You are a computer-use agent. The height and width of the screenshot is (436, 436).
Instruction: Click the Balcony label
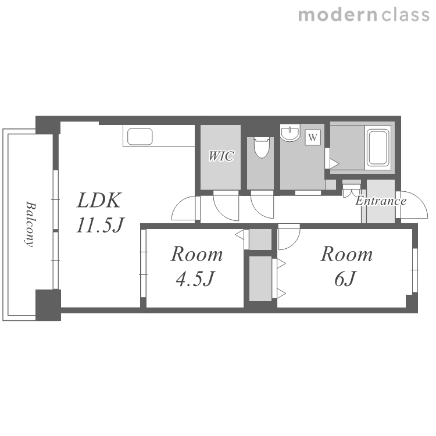[x=30, y=224]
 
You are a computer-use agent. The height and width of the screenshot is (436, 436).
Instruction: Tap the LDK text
[x=99, y=200]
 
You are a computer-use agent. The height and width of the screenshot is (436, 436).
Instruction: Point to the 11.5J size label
[x=100, y=224]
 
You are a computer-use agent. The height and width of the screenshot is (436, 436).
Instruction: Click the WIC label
[x=221, y=156]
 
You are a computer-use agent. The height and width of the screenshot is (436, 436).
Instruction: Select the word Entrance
[x=381, y=201]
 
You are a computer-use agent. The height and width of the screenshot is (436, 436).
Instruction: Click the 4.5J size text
[x=196, y=278]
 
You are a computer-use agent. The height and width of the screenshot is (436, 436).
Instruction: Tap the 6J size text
[x=345, y=278]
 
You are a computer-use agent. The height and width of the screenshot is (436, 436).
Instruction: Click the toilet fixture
[x=262, y=148]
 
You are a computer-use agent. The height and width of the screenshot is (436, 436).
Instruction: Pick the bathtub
[x=378, y=148]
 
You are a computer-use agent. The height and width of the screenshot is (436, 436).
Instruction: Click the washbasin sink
[x=290, y=133]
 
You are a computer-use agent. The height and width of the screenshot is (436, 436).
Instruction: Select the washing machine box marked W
[x=313, y=137]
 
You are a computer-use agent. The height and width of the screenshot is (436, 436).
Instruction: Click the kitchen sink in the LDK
[x=140, y=137]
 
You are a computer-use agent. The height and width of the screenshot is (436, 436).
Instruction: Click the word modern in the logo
[x=338, y=15]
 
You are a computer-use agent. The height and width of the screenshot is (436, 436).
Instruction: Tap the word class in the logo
[x=405, y=15]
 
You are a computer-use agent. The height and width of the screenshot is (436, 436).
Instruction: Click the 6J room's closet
[x=260, y=278]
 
